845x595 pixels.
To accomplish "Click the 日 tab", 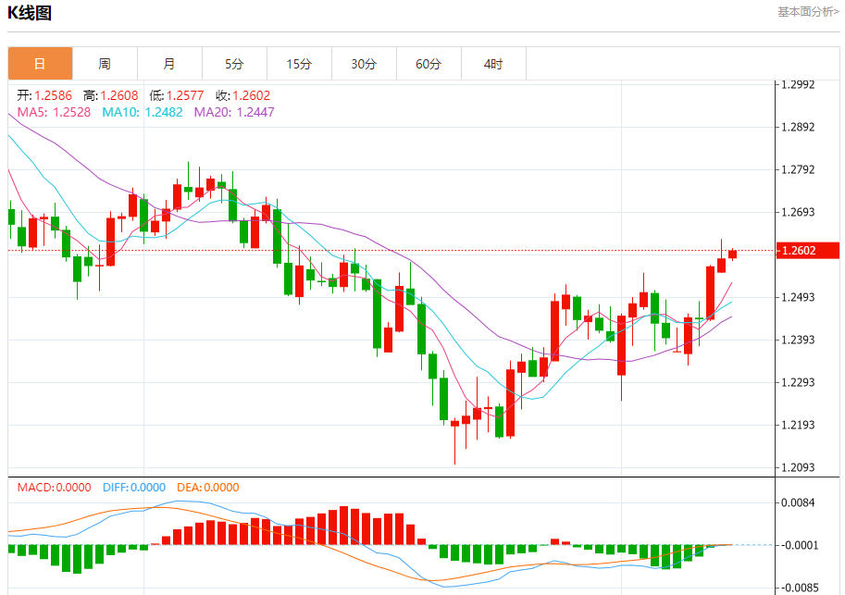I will click(40, 64).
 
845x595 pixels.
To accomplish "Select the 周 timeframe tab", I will click(105, 64).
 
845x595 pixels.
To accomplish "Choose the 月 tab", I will click(169, 64).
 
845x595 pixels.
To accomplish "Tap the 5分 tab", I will click(234, 64).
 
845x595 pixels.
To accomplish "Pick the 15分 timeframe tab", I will click(299, 64).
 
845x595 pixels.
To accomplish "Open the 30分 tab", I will click(364, 64).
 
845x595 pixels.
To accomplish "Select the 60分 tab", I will click(429, 64).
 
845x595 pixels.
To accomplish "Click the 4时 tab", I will click(493, 64).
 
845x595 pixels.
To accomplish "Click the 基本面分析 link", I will click(808, 12).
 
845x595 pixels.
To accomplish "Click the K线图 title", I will click(30, 13).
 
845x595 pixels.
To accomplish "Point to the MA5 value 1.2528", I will click(71, 112).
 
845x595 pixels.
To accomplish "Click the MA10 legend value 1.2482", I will click(163, 112).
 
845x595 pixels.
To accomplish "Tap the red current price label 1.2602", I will click(807, 250).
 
